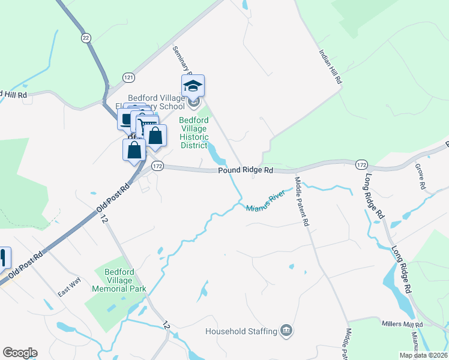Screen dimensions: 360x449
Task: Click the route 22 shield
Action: pos(86,37)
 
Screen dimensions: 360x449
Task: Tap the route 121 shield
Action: pos(128,77)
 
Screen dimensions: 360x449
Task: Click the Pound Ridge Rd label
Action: pos(246,170)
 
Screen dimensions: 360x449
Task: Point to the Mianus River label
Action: pos(265,202)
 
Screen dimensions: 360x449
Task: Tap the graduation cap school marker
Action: pos(193,86)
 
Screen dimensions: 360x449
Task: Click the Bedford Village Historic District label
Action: pos(193,133)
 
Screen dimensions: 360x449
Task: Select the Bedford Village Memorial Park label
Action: pos(119,280)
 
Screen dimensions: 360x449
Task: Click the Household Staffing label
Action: pos(241,331)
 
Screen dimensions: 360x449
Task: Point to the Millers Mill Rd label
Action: pos(402,324)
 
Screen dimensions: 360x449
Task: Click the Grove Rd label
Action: pos(420,175)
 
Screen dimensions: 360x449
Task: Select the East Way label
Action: pos(69,290)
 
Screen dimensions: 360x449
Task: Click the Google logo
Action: pos(20,353)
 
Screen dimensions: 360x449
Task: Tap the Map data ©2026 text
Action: pos(423,355)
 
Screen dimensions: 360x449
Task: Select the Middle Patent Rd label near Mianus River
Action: pos(301,201)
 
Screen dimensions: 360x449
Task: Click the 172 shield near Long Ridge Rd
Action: pos(361,164)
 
